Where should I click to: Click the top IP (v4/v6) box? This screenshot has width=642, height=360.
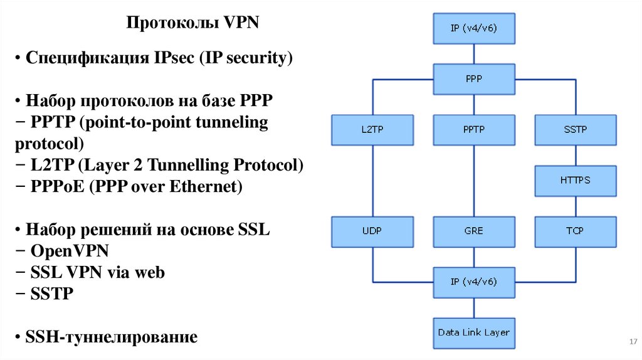474,28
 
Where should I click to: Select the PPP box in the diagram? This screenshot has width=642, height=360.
474,79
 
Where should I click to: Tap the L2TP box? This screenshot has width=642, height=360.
373,129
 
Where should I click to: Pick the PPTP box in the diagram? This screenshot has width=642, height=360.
474,129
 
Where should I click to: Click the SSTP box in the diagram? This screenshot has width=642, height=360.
575,129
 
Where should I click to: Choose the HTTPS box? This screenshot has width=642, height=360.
575,180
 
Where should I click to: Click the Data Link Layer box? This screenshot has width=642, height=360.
474,332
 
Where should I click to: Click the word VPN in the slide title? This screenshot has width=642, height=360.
241,24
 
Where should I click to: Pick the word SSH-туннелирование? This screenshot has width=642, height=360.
112,337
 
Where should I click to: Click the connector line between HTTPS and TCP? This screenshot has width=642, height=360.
575,205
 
